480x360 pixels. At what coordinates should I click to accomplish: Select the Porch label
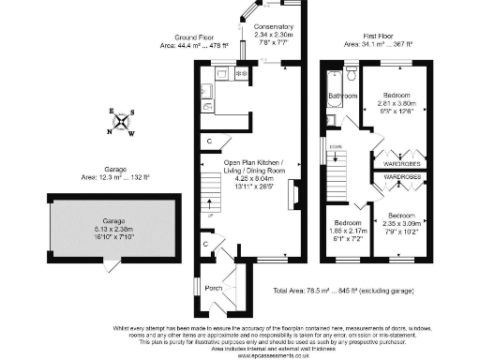pos(214,287)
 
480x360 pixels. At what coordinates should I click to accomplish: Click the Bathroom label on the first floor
pos(341,96)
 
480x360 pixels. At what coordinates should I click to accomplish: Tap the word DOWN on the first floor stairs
pos(334,147)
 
